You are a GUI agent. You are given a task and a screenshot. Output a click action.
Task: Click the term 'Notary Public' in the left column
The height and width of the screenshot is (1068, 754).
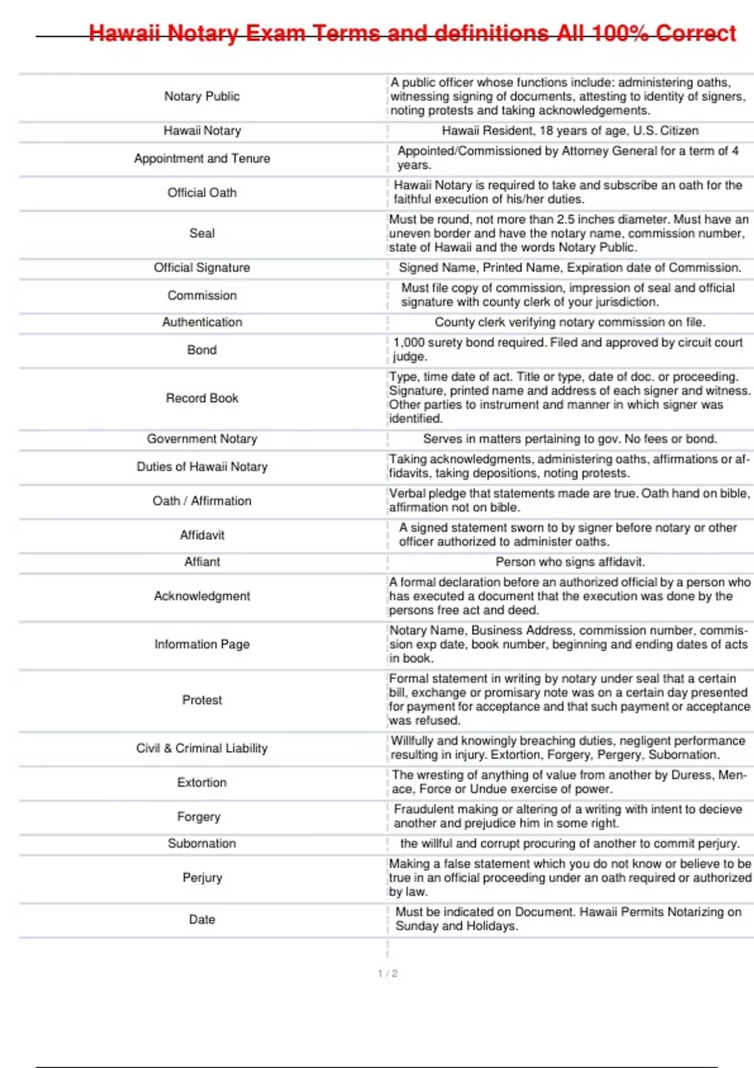[x=202, y=96]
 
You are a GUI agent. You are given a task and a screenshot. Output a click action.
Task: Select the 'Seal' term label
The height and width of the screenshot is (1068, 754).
[x=202, y=233]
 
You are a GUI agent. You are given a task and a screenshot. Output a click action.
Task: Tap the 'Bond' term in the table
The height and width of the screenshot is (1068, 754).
[x=202, y=350]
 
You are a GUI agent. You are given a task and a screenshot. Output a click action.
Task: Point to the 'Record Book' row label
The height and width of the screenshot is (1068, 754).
[x=202, y=398]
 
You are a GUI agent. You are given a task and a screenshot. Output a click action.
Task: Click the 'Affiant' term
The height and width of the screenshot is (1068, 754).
[x=202, y=562]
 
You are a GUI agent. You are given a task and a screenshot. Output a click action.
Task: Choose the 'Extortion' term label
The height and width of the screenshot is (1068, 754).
[x=202, y=782]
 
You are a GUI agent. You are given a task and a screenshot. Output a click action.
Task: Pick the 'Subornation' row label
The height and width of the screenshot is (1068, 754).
[x=202, y=843]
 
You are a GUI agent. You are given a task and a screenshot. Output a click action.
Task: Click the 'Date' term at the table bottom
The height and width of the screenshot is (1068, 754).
[x=202, y=919]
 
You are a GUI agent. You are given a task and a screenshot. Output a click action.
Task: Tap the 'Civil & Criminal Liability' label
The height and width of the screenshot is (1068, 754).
[x=202, y=748]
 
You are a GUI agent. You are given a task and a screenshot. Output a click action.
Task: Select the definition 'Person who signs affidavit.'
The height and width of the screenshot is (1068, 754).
[x=570, y=562]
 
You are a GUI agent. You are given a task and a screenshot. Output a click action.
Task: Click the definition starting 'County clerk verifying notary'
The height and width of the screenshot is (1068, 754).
[x=570, y=322]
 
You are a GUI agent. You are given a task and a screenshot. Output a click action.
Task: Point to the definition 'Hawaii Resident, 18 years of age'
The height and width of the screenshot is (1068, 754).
[x=570, y=131]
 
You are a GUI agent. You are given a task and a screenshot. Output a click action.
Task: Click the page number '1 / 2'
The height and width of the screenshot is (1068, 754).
[x=387, y=973]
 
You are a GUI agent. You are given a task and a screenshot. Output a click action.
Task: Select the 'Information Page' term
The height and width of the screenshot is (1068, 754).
[x=202, y=644]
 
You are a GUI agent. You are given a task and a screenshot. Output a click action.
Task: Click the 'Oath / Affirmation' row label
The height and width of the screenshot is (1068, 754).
[x=202, y=501]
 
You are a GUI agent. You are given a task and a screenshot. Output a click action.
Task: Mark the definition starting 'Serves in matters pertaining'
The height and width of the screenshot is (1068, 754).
[x=570, y=439]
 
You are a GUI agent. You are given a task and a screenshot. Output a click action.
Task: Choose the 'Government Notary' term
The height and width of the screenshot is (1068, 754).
[x=202, y=439]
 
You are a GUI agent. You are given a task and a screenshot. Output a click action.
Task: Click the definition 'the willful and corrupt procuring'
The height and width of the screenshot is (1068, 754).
[x=570, y=843]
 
